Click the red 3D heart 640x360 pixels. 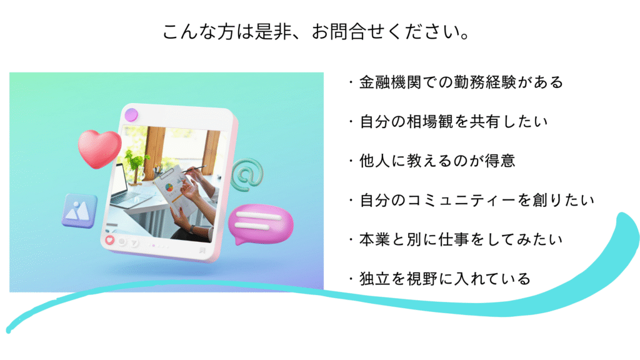(99, 148)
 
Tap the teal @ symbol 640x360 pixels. (247, 175)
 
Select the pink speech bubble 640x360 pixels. (260, 224)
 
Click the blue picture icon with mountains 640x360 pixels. (79, 211)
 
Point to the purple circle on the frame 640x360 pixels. (131, 115)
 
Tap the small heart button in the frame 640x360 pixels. (109, 240)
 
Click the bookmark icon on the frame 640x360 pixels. (202, 250)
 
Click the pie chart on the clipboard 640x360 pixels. (169, 187)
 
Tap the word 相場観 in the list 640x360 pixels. (431, 122)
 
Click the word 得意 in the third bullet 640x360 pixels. (500, 161)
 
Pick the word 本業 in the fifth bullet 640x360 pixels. (375, 239)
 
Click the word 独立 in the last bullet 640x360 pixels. (375, 279)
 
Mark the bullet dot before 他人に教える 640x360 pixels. (351, 161)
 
